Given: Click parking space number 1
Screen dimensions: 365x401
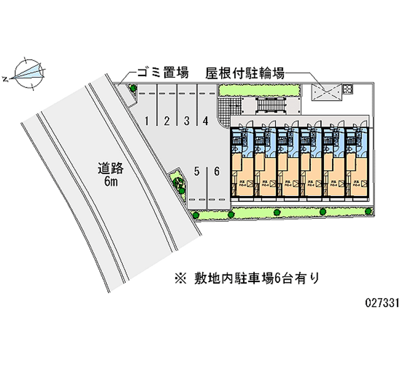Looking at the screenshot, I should pos(147,120).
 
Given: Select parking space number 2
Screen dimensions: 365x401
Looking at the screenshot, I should pos(166,120).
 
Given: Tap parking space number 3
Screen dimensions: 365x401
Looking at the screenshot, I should pos(186,120).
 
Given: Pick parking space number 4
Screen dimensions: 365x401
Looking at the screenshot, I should pos(206,120).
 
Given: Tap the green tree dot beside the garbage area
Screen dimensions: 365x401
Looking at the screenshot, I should pos(133,88).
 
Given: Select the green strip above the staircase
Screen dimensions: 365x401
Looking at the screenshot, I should pos(259,90).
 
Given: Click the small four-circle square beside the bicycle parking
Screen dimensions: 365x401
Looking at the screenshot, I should pos(348,89).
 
